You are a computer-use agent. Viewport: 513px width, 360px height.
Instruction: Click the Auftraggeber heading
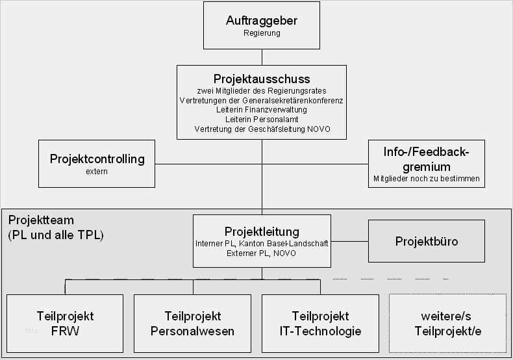click(x=262, y=21)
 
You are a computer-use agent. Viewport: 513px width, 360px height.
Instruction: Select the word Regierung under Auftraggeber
click(x=262, y=33)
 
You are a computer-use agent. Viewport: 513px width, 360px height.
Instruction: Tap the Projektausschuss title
click(x=262, y=79)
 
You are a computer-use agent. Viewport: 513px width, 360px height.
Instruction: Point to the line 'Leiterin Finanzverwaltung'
click(x=262, y=110)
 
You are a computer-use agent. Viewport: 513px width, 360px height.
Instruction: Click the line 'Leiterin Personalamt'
click(x=262, y=120)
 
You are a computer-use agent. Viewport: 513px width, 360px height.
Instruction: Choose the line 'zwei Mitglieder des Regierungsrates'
click(x=262, y=91)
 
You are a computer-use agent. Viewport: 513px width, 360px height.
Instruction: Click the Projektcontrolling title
click(x=97, y=159)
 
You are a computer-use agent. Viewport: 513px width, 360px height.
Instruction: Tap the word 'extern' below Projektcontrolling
click(x=96, y=172)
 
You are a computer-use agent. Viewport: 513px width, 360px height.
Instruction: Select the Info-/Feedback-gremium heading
click(x=426, y=159)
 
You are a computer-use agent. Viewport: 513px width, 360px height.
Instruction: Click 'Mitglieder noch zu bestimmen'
click(x=426, y=178)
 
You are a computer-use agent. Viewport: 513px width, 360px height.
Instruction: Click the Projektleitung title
click(x=262, y=232)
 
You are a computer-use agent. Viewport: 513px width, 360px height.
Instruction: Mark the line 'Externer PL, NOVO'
click(x=262, y=253)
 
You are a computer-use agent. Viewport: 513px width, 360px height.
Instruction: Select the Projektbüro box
click(x=427, y=241)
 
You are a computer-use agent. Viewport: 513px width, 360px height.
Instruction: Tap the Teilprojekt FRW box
click(x=65, y=324)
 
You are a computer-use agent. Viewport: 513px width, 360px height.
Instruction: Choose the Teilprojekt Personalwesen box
click(x=192, y=324)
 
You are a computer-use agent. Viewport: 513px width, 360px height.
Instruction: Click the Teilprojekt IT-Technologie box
click(x=320, y=324)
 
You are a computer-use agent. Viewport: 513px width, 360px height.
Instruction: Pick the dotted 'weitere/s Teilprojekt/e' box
click(x=447, y=324)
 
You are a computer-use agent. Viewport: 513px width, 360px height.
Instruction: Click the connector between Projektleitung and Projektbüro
click(x=349, y=241)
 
